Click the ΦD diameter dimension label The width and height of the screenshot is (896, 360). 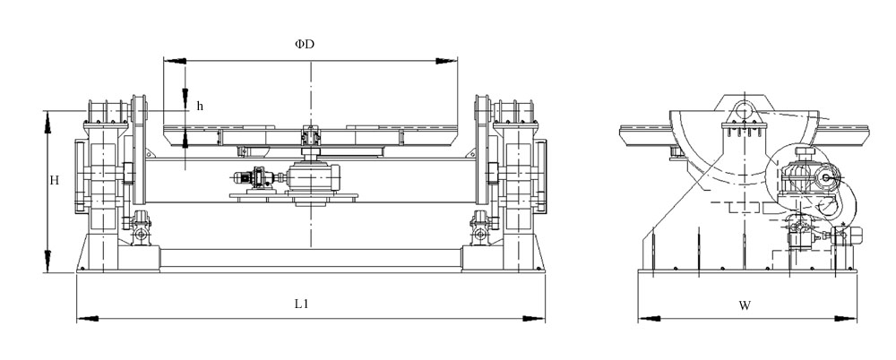[x=306, y=43]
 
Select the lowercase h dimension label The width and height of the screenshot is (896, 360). [x=200, y=106]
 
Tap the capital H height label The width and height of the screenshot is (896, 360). [x=55, y=180]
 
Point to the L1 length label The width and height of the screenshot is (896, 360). [x=302, y=304]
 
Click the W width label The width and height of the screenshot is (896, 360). [x=745, y=304]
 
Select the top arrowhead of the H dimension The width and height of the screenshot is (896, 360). [x=47, y=117]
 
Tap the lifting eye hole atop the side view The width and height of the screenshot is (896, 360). [x=743, y=110]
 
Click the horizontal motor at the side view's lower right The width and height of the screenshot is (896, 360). [x=847, y=236]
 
